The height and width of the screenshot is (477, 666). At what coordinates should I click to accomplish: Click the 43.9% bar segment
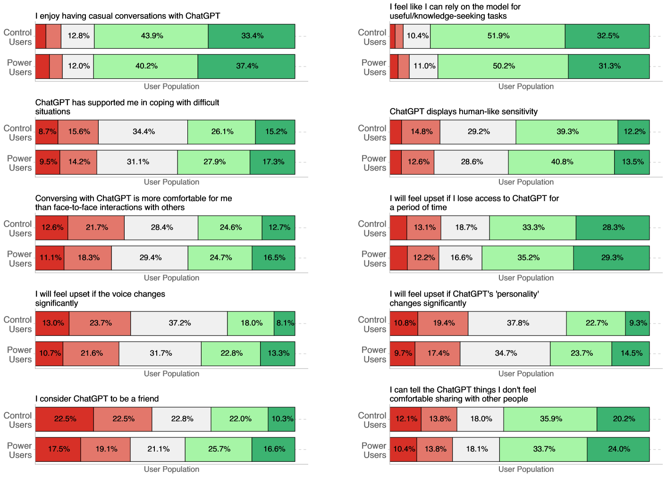point(151,36)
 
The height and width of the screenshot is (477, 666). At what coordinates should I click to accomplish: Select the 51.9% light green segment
point(497,36)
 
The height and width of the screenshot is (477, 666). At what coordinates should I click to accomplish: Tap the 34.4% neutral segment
point(143,132)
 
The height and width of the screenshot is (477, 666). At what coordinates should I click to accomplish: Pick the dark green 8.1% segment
point(285,324)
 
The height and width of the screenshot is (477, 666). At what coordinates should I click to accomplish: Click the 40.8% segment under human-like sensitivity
point(561,162)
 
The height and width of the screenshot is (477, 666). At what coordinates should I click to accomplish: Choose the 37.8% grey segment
point(517,324)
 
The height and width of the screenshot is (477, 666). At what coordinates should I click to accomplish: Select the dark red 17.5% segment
point(58,450)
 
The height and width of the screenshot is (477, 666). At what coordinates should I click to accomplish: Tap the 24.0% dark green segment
point(618,450)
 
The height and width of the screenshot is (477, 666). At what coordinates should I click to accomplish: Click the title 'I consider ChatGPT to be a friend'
point(97,399)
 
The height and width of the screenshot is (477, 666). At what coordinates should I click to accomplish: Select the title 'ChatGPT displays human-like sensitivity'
point(464,111)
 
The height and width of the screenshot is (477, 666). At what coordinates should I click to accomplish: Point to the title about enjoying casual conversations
point(127,16)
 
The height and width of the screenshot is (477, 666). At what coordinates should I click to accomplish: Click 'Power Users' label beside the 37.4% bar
point(19,67)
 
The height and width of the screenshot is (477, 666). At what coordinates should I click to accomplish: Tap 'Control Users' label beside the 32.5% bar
point(373,37)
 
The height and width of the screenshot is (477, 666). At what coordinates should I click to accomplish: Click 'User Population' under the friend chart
point(171,469)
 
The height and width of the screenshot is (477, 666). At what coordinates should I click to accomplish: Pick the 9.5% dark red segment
point(48,162)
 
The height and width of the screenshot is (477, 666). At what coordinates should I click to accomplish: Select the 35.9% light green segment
point(550,419)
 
